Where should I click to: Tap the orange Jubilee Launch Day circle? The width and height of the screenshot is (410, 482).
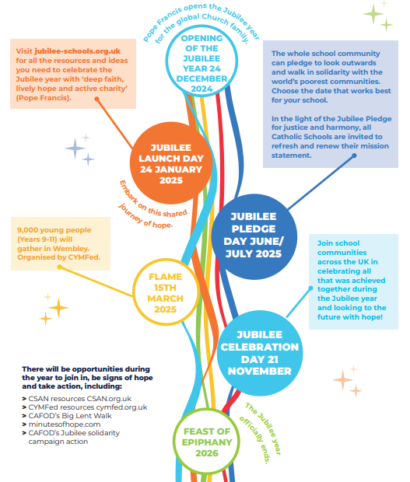point(171,163)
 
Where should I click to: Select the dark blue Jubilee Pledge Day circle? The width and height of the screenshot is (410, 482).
point(254,236)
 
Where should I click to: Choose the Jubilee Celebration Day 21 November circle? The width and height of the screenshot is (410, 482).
point(260,353)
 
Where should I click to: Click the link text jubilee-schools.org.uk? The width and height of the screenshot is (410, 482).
point(78,51)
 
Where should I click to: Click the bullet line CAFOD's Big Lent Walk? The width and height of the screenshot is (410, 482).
point(67,416)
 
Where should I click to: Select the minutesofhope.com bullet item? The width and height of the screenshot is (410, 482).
point(61,424)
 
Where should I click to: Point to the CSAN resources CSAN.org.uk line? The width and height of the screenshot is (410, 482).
point(77,399)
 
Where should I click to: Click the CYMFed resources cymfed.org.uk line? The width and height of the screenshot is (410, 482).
point(85,407)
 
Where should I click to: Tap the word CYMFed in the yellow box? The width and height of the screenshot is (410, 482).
point(84,257)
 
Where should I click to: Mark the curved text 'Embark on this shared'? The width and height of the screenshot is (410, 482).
point(152,200)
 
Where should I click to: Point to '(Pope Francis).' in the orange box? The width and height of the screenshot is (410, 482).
point(44,98)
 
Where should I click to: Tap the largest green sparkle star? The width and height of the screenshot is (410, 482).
point(373,14)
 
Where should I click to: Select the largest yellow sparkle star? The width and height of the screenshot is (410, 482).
point(58,308)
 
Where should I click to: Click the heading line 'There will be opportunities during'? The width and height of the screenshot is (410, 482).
point(86,368)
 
